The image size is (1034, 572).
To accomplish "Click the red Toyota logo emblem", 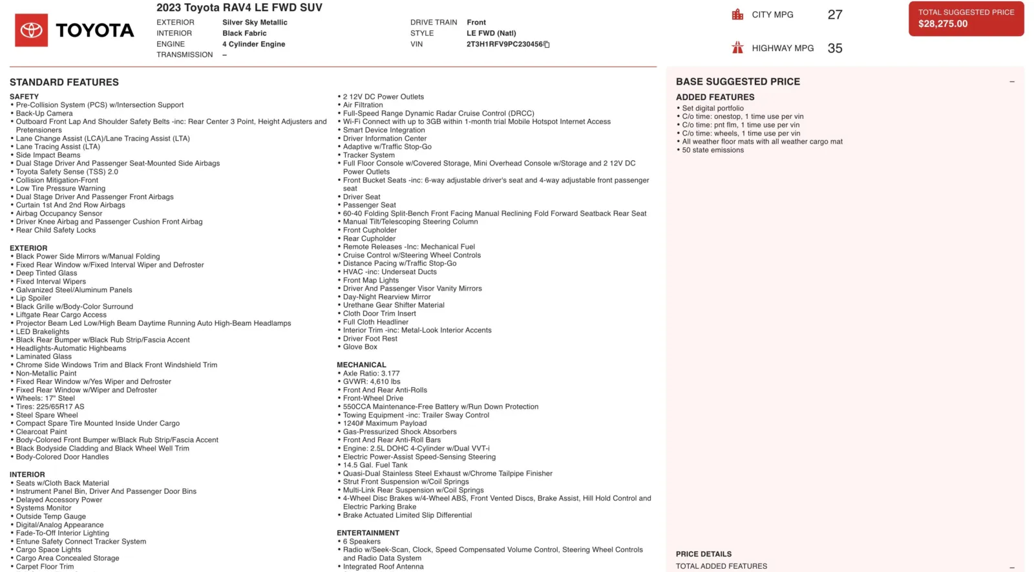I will click(x=31, y=30).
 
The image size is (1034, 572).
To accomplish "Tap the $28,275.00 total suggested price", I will click(x=943, y=24).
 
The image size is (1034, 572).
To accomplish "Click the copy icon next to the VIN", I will click(x=547, y=45).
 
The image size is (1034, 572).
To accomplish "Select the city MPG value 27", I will click(x=835, y=15).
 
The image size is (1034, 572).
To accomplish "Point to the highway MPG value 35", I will click(x=835, y=48).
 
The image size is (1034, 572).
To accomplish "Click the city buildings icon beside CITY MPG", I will click(x=737, y=14).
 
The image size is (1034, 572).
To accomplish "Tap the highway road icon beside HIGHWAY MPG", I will click(x=737, y=48).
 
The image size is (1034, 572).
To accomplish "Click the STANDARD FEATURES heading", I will click(x=64, y=82).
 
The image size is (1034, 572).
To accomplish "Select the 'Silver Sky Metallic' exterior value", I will click(x=255, y=23).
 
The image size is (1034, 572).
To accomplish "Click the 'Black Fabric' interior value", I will click(x=244, y=34).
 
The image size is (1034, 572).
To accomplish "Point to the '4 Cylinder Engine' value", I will click(x=253, y=45).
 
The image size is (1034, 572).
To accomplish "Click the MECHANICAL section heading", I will click(x=361, y=365).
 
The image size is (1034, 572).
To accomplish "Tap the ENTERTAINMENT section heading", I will click(x=368, y=533).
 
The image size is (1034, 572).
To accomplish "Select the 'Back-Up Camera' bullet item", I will click(x=44, y=114).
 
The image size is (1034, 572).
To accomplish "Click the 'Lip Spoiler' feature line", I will click(x=34, y=299).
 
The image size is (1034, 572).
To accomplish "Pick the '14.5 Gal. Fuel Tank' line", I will click(x=375, y=465).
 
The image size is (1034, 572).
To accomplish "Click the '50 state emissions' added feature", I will click(x=713, y=150).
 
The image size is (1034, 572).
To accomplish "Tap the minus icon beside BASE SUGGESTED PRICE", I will click(x=1012, y=82).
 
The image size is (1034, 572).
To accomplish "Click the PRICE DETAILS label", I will click(x=704, y=555).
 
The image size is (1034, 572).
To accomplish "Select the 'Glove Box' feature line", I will click(x=360, y=347).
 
